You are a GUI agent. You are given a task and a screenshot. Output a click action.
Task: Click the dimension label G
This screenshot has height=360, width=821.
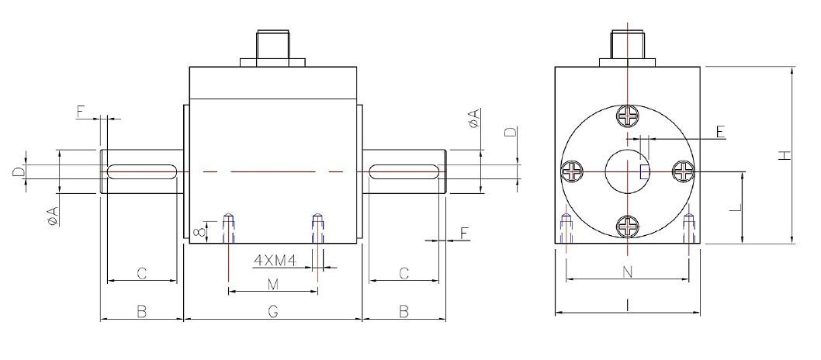pos(272,311)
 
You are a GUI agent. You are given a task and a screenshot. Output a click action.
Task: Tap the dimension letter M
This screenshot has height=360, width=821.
pos(272,285)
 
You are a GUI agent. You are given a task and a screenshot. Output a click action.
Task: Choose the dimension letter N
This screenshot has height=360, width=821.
pos(627,272)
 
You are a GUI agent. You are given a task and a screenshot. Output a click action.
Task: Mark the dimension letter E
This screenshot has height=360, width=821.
pos(720,132)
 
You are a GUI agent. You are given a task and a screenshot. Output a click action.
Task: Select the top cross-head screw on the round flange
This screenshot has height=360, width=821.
pos(627,116)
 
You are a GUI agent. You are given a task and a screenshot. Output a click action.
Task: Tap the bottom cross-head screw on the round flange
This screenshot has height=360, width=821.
pos(627,226)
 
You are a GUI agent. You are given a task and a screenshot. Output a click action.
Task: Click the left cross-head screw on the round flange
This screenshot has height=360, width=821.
pos(573,171)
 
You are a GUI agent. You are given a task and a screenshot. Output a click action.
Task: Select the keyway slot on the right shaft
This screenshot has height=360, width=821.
pos(404,171)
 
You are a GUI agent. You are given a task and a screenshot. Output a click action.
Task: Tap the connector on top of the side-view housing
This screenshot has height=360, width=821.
pos(272,48)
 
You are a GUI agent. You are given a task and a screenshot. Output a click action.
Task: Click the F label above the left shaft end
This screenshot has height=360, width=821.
pos(80,112)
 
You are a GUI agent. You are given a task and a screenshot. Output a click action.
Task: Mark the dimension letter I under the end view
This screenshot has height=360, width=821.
pos(627,306)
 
